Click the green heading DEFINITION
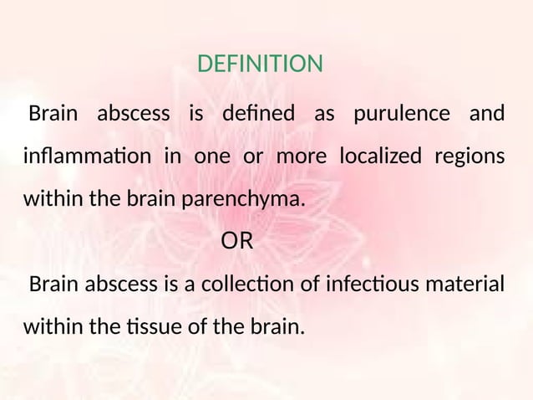coord(260,64)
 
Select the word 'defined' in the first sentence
coord(259,113)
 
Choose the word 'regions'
coord(469,157)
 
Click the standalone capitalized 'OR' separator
coord(236,243)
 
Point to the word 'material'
coord(459,285)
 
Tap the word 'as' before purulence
coord(323,113)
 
